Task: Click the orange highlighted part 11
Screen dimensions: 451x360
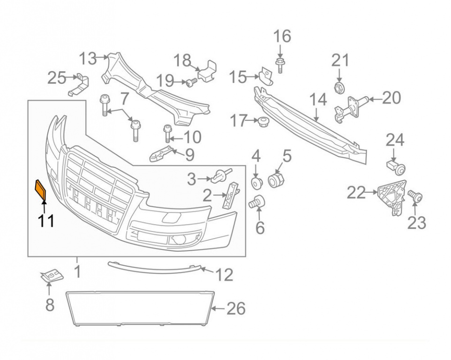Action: click(40, 189)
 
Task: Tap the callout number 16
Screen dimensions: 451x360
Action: click(282, 37)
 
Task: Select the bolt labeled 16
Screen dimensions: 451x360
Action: click(279, 65)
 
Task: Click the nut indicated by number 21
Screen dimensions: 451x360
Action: click(339, 87)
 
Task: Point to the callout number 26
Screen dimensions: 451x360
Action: click(236, 308)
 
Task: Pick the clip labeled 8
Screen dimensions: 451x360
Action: click(51, 276)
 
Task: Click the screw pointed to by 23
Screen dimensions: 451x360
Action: click(415, 197)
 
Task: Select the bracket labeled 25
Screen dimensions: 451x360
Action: click(78, 85)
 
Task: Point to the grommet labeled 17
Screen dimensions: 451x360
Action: click(263, 121)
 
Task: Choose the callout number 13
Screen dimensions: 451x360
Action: click(88, 59)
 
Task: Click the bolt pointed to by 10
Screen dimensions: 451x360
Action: click(167, 134)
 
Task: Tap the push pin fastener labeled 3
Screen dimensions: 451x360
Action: click(221, 176)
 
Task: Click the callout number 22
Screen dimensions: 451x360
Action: click(356, 193)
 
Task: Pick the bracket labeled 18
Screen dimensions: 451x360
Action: click(207, 71)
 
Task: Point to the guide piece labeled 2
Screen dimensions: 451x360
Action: click(231, 195)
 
